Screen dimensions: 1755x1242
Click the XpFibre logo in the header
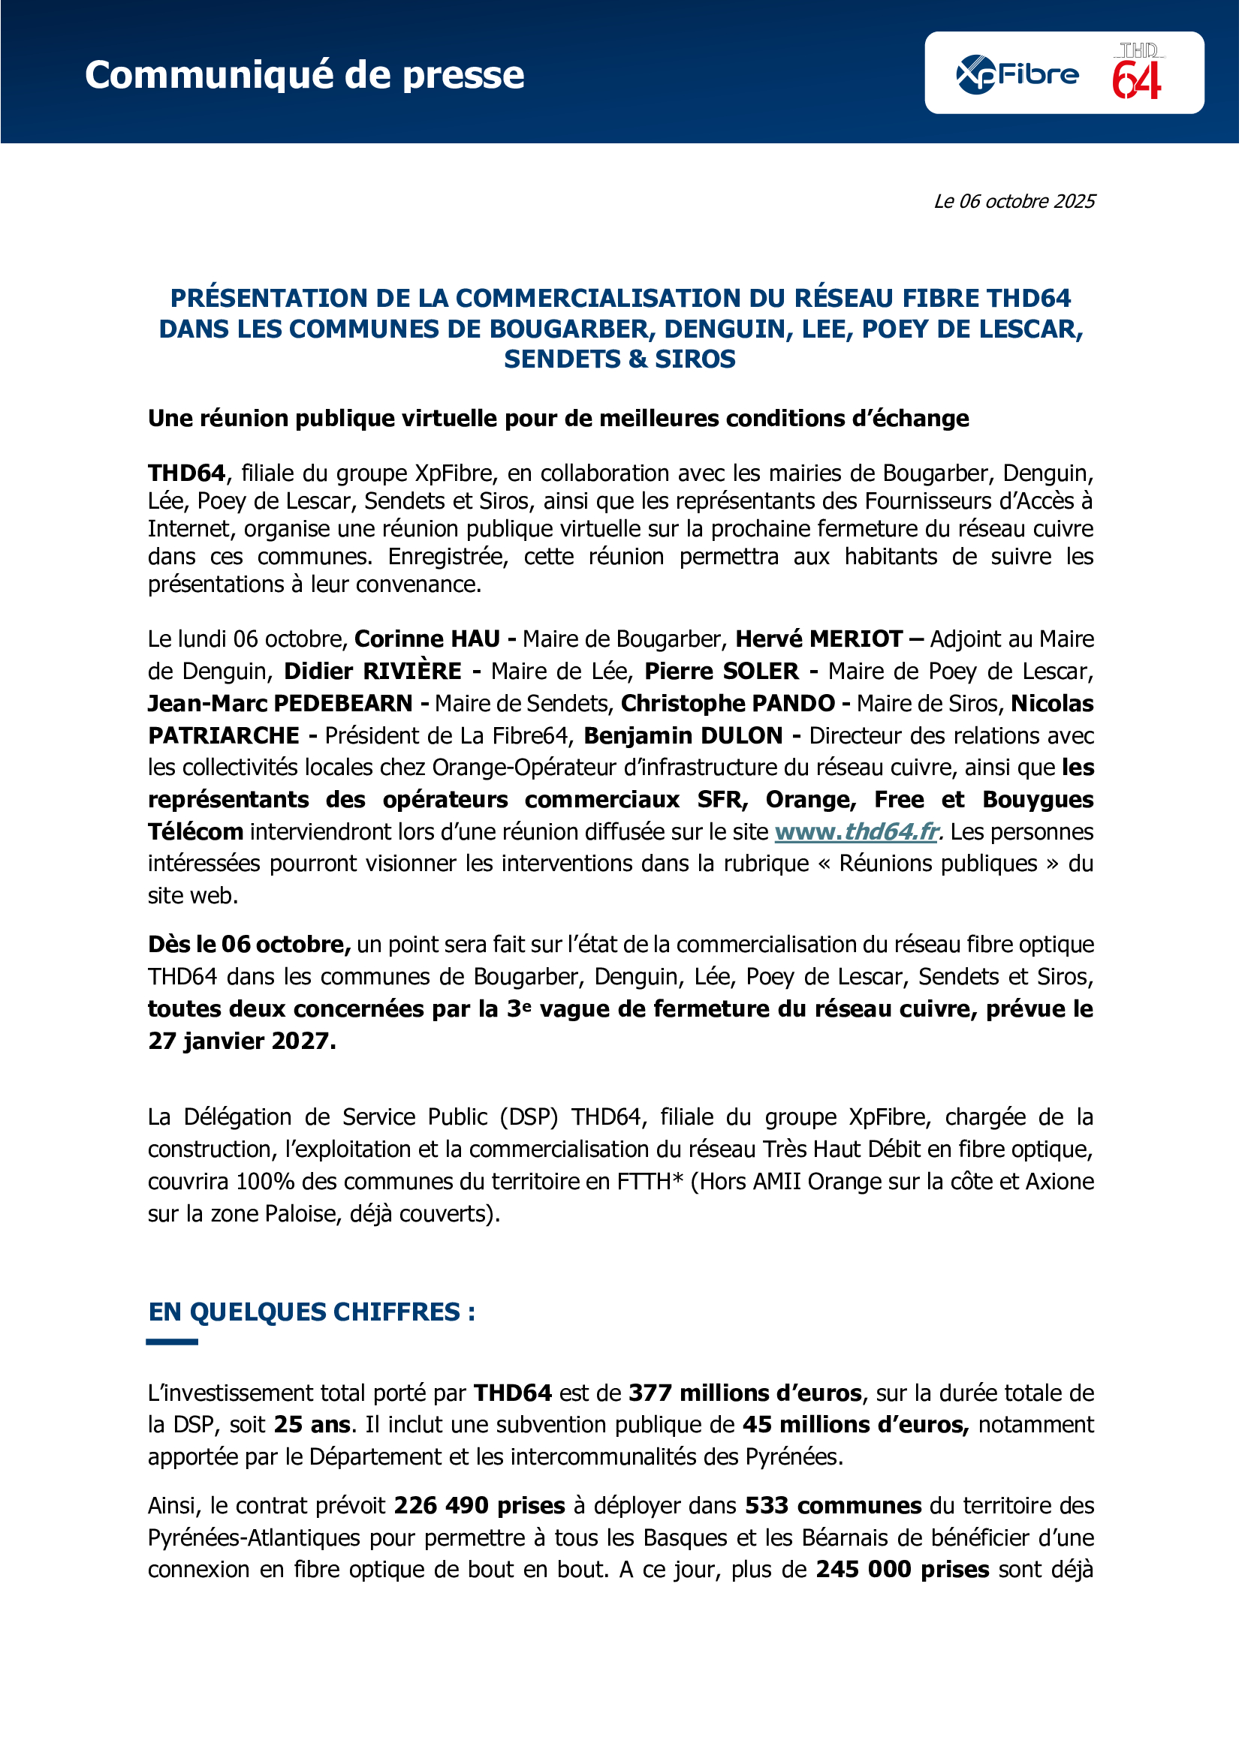[1017, 74]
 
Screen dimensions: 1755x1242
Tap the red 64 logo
[1137, 74]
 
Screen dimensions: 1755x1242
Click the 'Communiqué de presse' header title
[304, 75]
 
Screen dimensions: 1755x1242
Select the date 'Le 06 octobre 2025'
[1014, 201]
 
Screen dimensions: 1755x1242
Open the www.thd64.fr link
[857, 831]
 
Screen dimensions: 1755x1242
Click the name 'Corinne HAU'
[427, 639]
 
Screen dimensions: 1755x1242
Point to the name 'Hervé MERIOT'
[819, 639]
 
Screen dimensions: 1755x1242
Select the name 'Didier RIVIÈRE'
[372, 671]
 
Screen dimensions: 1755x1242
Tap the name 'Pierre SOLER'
[721, 671]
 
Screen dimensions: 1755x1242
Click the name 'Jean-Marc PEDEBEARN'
[280, 703]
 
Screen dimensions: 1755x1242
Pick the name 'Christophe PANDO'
[728, 703]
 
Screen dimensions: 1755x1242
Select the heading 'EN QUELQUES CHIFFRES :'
[312, 1312]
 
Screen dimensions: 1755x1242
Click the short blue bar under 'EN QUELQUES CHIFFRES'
[172, 1342]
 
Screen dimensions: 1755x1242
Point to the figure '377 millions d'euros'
[745, 1393]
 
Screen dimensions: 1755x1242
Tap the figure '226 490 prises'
[480, 1505]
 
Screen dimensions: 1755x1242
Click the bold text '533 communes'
[834, 1505]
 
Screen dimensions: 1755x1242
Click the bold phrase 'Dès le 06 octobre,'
[249, 945]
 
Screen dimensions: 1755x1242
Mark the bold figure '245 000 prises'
[903, 1569]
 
